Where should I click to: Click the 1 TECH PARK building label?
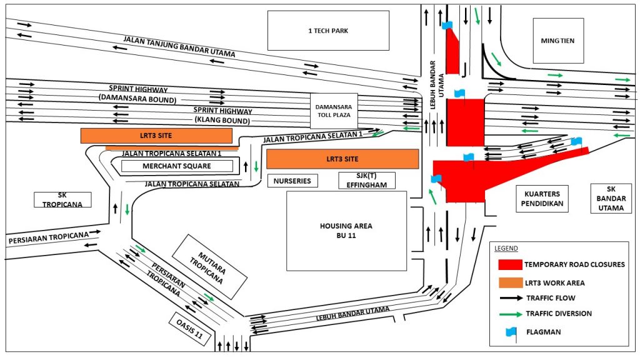[x=328, y=30]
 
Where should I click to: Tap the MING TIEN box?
[x=558, y=41]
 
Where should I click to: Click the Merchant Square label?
[x=177, y=166]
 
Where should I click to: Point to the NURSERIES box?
[x=292, y=181]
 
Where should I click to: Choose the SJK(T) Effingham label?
[x=367, y=181]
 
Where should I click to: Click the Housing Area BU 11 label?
[x=346, y=231]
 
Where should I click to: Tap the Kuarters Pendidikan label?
[x=542, y=198]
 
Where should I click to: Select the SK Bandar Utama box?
[x=611, y=198]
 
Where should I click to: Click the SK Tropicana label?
[x=62, y=199]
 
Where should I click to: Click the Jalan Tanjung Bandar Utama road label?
[x=179, y=47]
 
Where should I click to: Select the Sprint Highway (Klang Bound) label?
[x=222, y=115]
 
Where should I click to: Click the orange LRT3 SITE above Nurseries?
[x=342, y=159]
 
